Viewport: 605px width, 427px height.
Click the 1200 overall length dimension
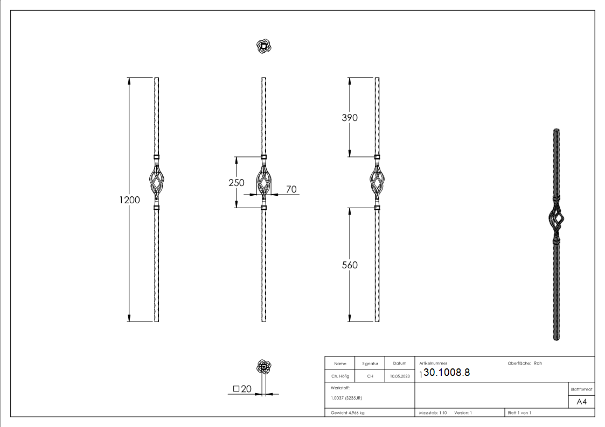(129, 200)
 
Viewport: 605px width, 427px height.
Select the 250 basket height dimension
(237, 182)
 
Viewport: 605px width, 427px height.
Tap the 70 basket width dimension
(291, 189)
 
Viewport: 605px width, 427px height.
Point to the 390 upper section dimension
(350, 118)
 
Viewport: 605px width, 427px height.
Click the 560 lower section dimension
(350, 265)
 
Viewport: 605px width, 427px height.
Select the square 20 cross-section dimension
(243, 389)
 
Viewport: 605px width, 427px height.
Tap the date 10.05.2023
(399, 376)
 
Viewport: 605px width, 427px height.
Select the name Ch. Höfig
(340, 376)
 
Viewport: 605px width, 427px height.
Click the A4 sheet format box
(581, 402)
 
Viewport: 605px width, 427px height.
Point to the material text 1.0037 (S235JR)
(346, 398)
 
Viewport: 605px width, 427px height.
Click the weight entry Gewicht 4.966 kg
(348, 413)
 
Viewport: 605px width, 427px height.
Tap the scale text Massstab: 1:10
(433, 413)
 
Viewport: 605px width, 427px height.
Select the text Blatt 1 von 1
(519, 413)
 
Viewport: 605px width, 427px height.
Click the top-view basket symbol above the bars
(263, 47)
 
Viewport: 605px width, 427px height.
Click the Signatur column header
(370, 364)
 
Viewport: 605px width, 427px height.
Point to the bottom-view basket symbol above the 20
(263, 367)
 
